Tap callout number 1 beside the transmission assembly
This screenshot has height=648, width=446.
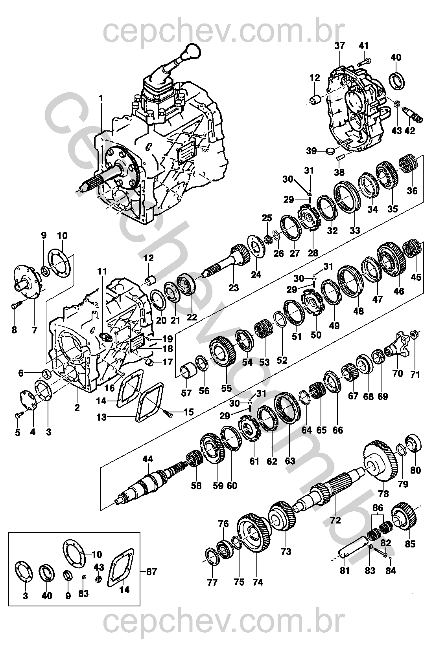tap(101, 99)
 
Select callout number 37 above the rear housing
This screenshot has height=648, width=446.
tap(340, 46)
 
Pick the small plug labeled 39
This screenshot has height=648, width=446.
tap(330, 151)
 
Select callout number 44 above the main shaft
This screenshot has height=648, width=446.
tap(148, 459)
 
